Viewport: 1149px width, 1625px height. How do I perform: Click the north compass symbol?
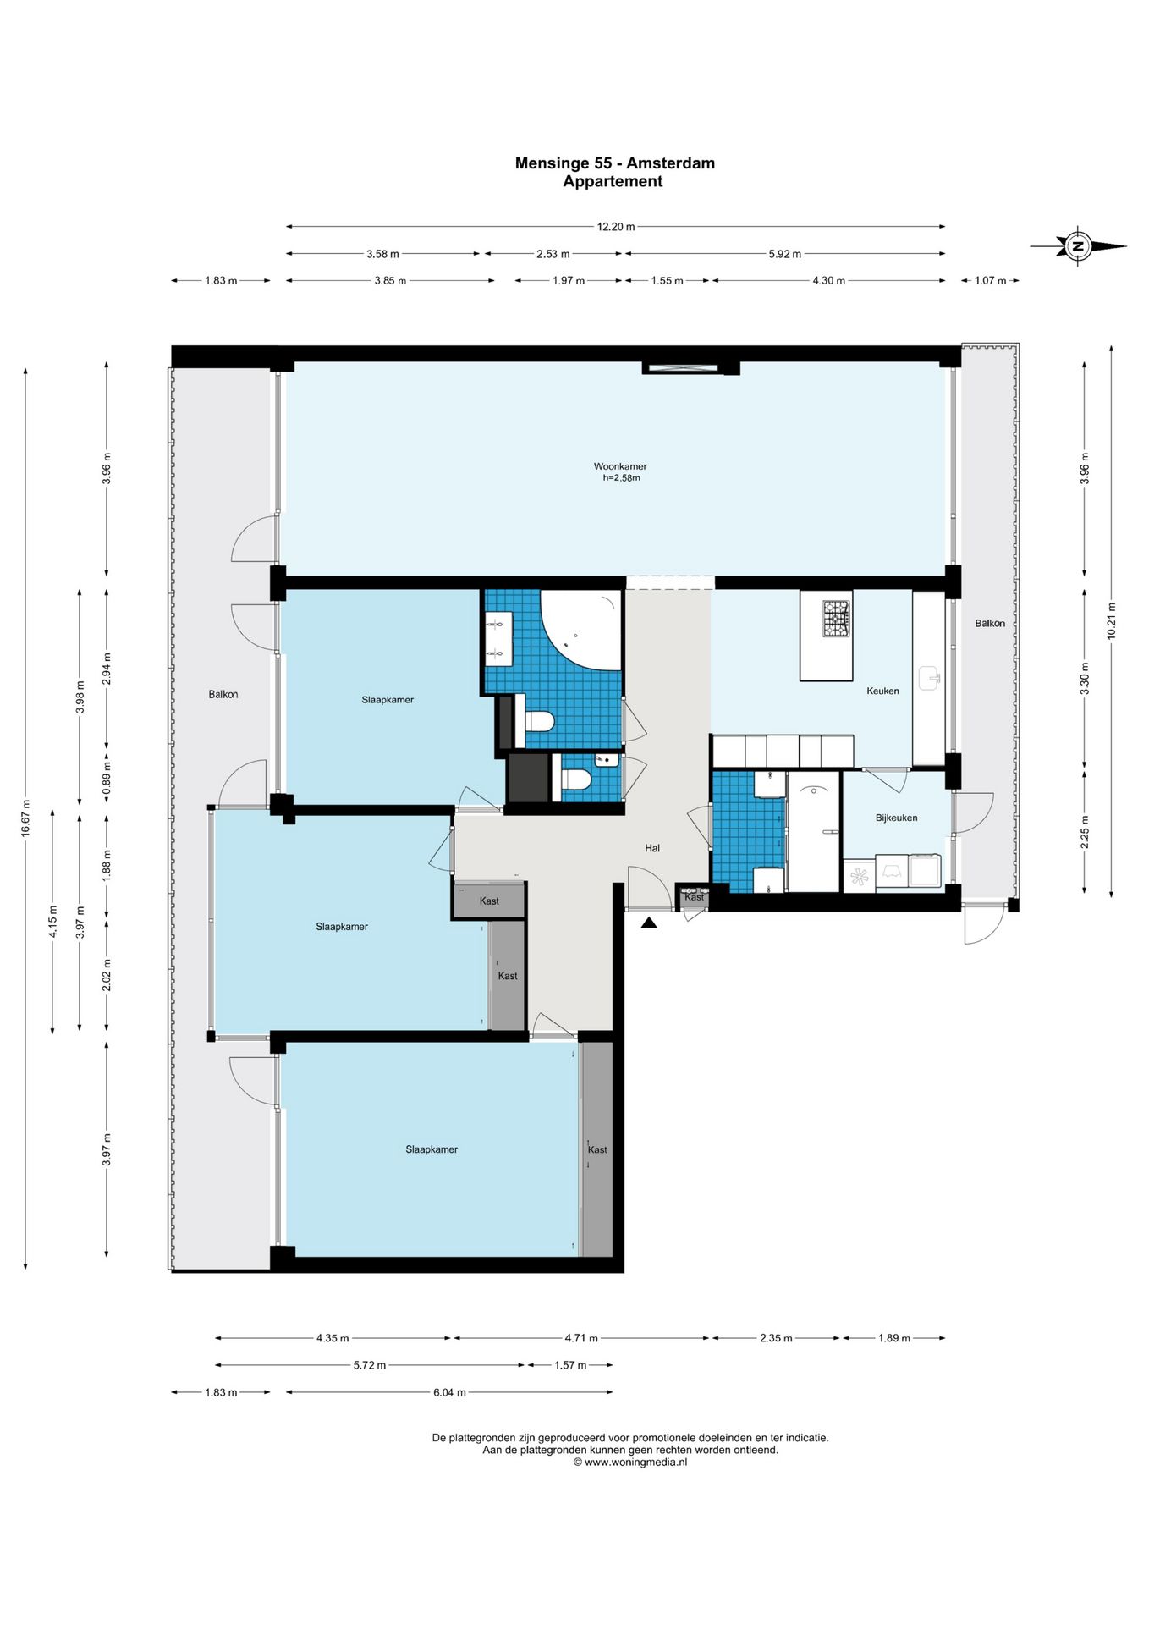point(1078,246)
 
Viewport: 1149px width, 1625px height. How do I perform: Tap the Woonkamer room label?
point(620,466)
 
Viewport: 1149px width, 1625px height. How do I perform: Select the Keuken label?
point(882,691)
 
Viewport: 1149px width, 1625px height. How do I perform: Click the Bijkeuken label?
point(896,818)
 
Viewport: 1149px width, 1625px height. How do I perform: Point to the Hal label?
point(652,848)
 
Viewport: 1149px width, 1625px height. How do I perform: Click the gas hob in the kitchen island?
point(838,618)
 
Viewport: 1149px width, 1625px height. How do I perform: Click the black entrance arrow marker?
point(649,923)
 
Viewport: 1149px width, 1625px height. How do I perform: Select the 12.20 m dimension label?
point(616,227)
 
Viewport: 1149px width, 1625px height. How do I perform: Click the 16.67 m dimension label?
point(25,818)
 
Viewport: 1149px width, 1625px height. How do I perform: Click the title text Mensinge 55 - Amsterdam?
point(615,163)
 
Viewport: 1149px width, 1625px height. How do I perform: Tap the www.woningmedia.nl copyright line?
point(630,1462)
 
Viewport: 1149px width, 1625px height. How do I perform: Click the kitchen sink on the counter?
point(931,678)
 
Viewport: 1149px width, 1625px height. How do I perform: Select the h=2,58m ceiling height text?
point(621,478)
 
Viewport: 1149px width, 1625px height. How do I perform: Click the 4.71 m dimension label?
point(581,1338)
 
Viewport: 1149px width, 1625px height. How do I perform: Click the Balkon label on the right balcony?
point(990,624)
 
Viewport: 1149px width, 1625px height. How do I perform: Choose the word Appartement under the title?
point(613,181)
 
